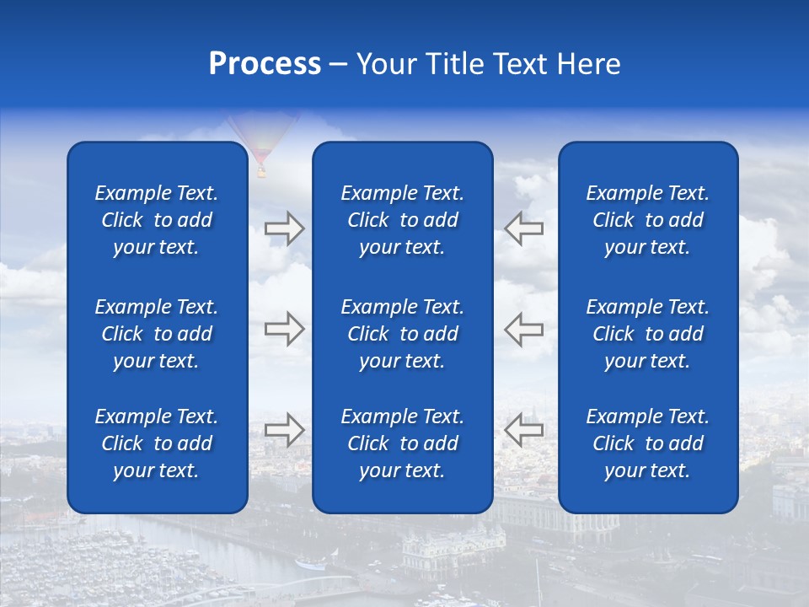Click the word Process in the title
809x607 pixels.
265,64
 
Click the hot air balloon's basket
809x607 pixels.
261,172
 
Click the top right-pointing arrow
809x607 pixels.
284,228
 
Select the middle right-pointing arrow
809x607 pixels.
284,329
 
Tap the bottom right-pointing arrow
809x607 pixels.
284,430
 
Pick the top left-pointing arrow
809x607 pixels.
523,228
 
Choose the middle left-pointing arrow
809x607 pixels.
523,329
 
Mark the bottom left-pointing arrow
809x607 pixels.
523,430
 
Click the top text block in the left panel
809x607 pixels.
157,220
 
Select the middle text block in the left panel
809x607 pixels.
157,334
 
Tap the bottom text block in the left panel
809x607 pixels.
157,443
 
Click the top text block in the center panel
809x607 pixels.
402,220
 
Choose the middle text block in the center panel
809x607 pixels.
402,334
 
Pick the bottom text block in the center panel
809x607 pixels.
402,443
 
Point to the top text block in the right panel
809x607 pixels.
647,220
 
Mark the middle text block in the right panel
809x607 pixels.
647,334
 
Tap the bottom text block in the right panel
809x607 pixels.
647,443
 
